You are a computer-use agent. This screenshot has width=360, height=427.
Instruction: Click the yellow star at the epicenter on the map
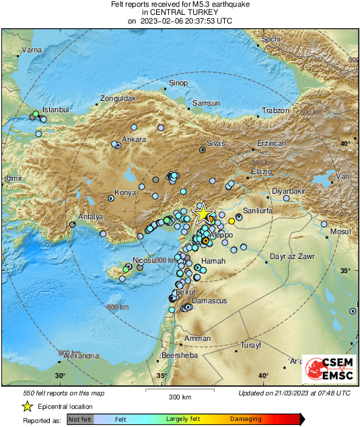tap(202, 213)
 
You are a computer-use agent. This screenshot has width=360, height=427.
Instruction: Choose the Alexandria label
tap(80, 356)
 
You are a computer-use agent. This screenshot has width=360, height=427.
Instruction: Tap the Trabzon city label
tap(275, 110)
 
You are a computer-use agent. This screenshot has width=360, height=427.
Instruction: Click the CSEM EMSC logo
tap(328, 371)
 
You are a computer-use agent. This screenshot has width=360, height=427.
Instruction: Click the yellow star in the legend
tap(27, 406)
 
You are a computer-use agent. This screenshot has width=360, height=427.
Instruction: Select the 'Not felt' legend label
tap(81, 419)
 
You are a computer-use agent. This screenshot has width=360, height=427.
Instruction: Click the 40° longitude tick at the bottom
tap(263, 376)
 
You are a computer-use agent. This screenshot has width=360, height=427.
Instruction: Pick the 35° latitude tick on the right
tap(345, 270)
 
